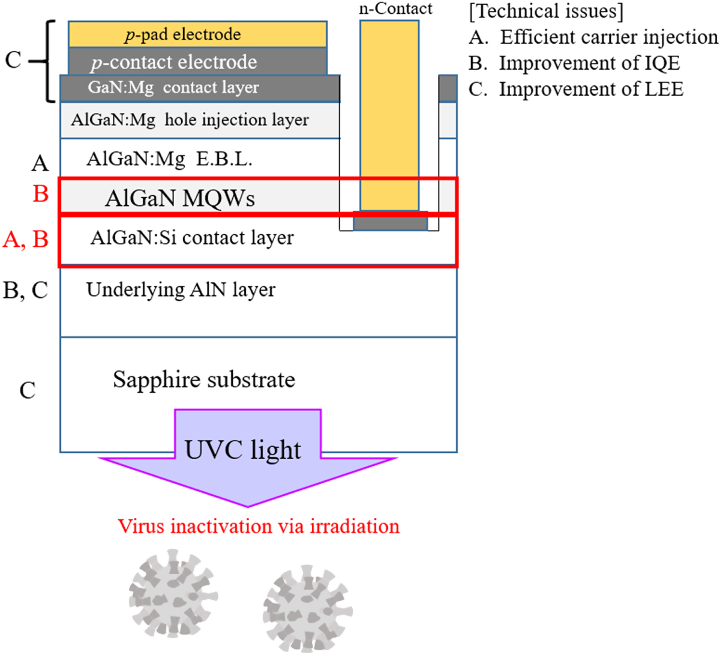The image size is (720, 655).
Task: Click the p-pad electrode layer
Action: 198,35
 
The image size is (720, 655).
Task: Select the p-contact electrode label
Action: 173,62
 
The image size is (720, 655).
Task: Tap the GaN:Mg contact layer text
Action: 173,88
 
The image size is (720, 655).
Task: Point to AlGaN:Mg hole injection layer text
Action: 190,120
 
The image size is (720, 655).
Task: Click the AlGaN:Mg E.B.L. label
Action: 169,159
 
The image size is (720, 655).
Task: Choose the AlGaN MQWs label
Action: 180,198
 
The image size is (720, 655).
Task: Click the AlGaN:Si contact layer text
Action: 192,238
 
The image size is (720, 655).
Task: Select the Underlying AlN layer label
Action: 181,290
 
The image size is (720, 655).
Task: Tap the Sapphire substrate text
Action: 204,379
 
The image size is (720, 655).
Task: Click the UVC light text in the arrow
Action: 242,450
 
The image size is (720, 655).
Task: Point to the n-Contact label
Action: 395,9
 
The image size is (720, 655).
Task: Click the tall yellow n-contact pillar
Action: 389,114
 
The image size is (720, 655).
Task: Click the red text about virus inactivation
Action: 259,527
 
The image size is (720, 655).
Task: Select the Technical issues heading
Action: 545,11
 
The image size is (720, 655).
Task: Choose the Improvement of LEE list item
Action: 576,89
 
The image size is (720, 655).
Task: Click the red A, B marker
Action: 25,240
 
